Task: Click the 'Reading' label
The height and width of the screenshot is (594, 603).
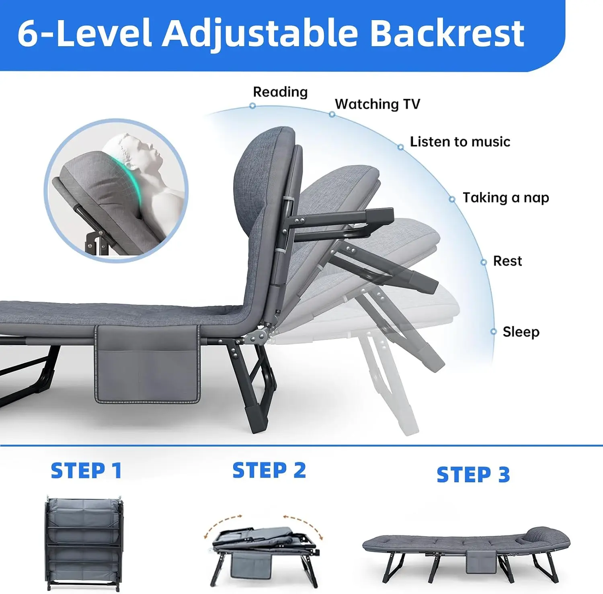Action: [280, 92]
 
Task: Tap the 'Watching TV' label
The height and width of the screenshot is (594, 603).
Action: [377, 104]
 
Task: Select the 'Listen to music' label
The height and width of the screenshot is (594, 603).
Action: [460, 141]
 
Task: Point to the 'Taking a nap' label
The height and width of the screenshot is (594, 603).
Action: [506, 198]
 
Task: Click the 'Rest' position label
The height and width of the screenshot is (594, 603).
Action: [507, 261]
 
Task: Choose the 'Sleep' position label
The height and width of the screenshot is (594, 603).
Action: [521, 332]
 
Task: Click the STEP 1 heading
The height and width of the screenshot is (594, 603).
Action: [86, 470]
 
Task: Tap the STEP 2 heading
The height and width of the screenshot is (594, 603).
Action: [269, 470]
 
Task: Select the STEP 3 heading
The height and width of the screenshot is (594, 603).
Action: [473, 475]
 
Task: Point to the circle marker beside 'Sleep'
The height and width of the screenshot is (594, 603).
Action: [494, 332]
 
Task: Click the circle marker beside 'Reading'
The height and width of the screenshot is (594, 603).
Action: [252, 106]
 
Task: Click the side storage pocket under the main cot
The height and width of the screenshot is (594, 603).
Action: [147, 364]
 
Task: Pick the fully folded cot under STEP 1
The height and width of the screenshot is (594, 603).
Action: [84, 543]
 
